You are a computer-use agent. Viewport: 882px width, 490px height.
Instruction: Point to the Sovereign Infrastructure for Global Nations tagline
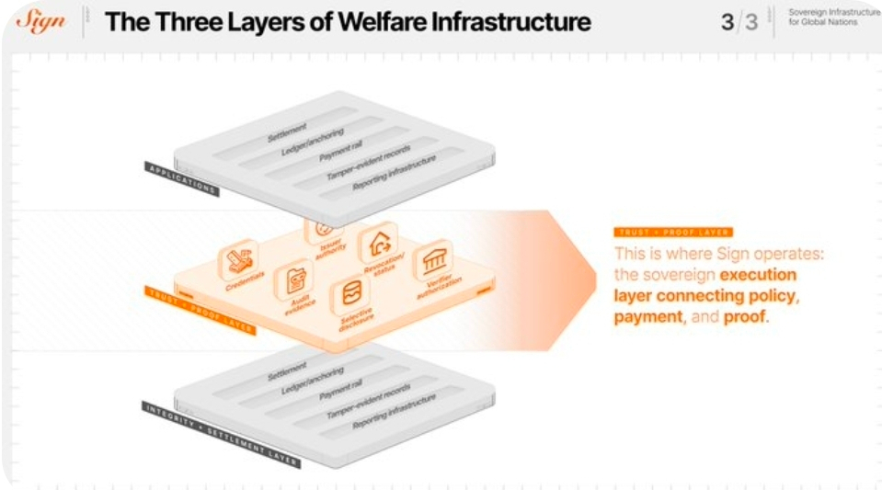(x=833, y=17)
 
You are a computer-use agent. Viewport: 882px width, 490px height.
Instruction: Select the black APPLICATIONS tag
(x=181, y=179)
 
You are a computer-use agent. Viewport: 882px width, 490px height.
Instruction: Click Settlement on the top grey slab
(x=287, y=131)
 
